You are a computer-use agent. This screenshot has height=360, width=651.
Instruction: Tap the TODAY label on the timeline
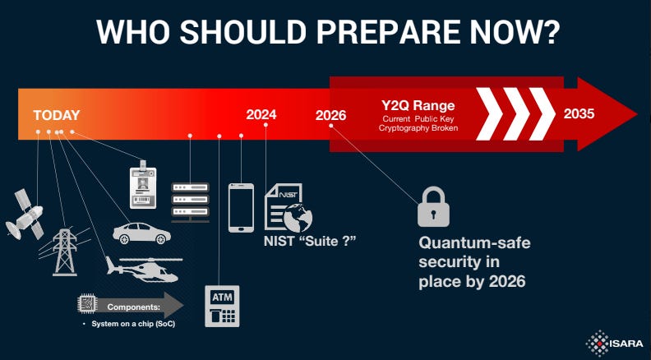pyautogui.click(x=57, y=116)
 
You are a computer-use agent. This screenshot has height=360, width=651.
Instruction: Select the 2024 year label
pyautogui.click(x=261, y=115)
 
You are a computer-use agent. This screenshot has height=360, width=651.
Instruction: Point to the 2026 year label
pyautogui.click(x=330, y=116)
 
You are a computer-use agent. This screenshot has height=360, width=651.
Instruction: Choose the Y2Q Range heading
pyautogui.click(x=418, y=106)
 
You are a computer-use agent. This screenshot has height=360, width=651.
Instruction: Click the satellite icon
pyautogui.click(x=25, y=215)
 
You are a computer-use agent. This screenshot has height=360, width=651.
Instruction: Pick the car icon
pyautogui.click(x=141, y=232)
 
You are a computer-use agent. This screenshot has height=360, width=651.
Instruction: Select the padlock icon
pyautogui.click(x=432, y=206)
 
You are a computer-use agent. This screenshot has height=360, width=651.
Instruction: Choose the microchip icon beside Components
pyautogui.click(x=88, y=305)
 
